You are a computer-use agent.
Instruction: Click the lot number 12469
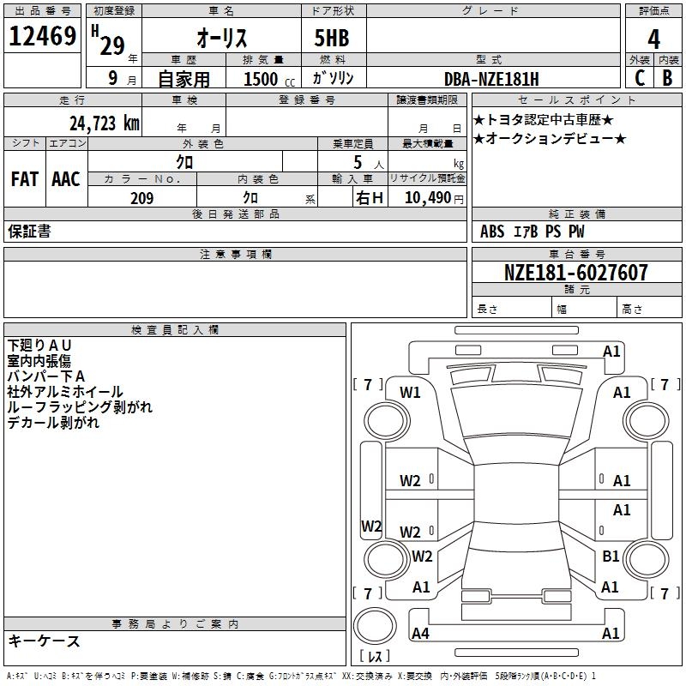pos(42,36)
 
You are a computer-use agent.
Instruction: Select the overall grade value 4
pos(653,39)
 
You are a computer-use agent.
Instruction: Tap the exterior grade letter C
pos(640,78)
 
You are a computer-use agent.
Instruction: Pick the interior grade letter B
pos(667,78)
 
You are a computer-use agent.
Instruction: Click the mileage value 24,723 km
pos(104,123)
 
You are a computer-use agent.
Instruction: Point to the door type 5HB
pos(332,38)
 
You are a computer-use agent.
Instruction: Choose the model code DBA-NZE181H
pos(491,79)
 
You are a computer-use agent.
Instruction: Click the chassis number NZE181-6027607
pos(575,273)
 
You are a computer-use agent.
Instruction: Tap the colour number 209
pos(141,198)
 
